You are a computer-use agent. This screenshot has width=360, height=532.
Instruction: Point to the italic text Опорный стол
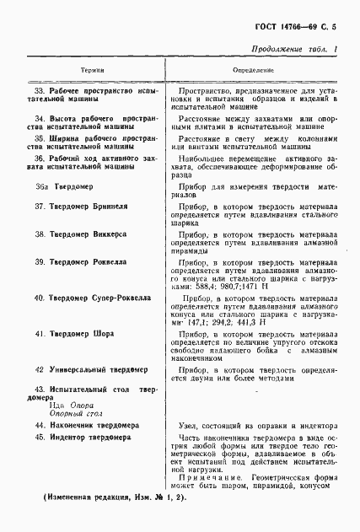[x=73, y=414]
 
